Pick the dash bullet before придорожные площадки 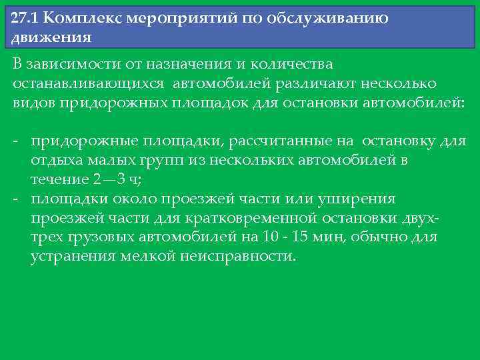click(x=15, y=141)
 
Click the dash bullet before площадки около click(x=15, y=199)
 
